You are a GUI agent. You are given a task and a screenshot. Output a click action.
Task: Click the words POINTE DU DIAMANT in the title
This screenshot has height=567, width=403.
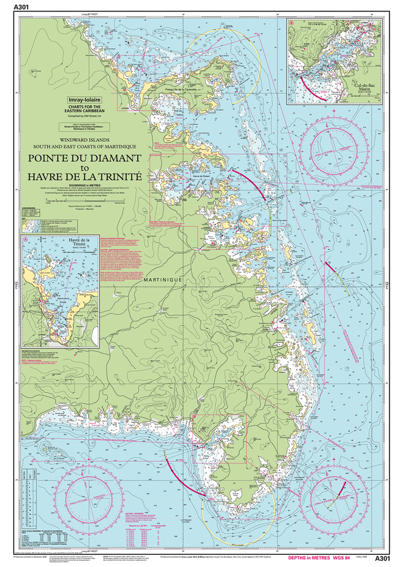coord(85,158)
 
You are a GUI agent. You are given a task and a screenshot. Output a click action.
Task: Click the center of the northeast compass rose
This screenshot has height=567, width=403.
coord(339,145)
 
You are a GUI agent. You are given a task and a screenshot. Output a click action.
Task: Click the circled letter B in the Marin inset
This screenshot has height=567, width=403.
coord(291,23)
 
